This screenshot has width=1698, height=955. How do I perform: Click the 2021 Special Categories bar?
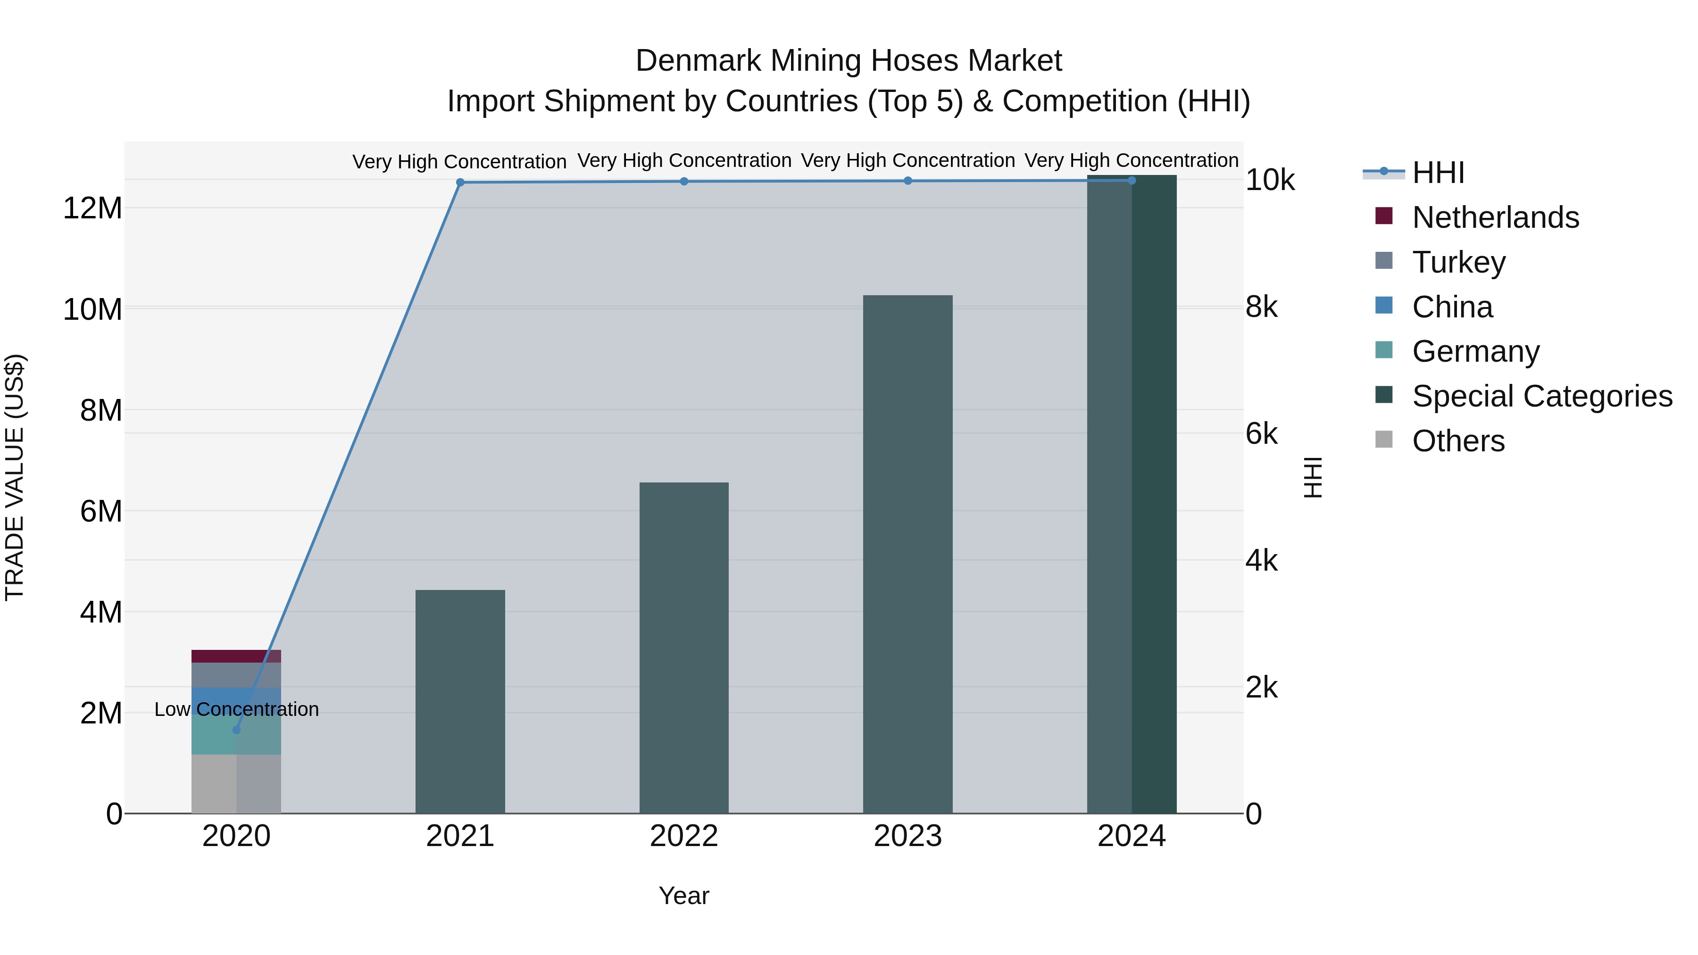tap(459, 701)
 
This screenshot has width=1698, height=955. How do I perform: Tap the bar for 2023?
tap(907, 554)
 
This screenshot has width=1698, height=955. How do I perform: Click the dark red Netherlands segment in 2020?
tap(236, 656)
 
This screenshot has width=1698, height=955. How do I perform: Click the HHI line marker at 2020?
tap(237, 730)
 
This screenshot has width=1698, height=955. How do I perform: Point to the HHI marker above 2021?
tap(460, 183)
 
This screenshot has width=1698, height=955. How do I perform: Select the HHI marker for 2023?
tap(907, 181)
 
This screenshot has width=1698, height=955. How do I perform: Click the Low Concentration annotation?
tap(237, 709)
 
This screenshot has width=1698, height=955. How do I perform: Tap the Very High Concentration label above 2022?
tap(684, 160)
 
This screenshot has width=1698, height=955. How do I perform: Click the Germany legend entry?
tap(1475, 351)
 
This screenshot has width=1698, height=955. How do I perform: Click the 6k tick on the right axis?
tap(1261, 434)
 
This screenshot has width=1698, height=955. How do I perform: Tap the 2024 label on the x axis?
tap(1131, 836)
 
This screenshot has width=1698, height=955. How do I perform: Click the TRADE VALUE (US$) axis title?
tap(15, 477)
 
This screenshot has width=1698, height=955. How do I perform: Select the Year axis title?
tap(683, 896)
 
